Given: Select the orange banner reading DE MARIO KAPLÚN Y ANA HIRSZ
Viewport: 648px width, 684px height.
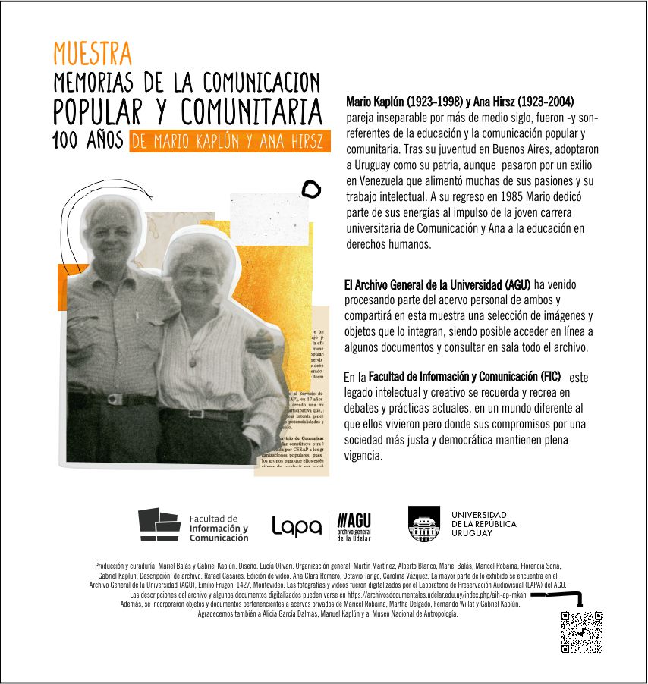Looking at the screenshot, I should (x=230, y=142).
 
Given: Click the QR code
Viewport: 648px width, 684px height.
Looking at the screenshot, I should (x=582, y=632).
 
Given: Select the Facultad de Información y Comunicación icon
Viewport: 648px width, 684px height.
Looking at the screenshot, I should (x=159, y=525).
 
